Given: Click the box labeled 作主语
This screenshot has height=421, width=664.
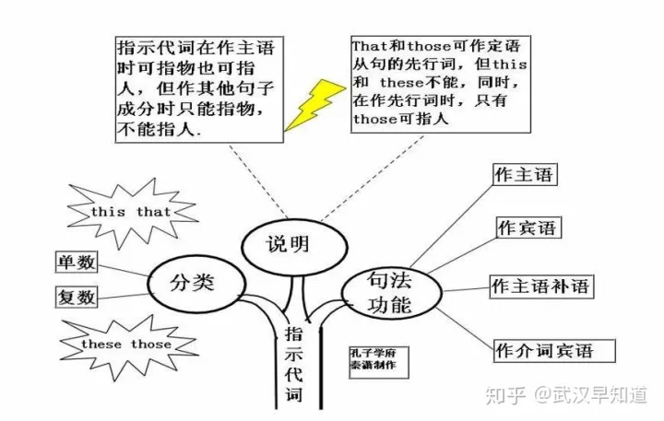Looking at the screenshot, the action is pos(525,174).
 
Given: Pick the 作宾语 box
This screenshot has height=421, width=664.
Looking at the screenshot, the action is pos(528,228).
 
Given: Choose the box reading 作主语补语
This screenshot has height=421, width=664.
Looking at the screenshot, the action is pos(541,287).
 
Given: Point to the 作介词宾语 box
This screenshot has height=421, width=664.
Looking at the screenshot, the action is pos(554,351).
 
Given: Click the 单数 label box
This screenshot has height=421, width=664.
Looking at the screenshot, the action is pos(77,263).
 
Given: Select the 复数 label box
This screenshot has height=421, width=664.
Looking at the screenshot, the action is pos(77,297).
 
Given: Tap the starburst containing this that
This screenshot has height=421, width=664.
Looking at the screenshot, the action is pos(131,212).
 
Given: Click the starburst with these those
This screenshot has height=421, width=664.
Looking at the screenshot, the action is pos(127,345).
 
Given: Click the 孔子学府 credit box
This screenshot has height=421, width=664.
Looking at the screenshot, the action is pos(379,362).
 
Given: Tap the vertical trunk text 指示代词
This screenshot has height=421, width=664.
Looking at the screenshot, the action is pos(293,364).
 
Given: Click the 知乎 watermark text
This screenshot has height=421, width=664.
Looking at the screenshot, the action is pos(505,395).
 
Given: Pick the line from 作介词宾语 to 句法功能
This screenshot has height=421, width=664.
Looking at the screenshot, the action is pos(466,329).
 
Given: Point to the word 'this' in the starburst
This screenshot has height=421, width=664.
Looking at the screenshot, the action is pos(108,212).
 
